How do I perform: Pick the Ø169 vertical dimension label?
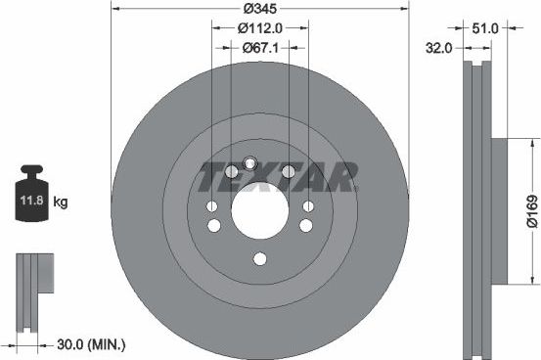click(529, 210)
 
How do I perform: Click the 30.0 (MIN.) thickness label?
click(87, 344)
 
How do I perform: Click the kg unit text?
click(61, 203)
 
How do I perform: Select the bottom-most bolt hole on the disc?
click(259, 259)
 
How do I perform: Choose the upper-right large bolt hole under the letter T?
click(288, 172)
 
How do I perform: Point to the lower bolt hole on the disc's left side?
click(212, 225)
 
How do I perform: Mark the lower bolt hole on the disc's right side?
click(306, 225)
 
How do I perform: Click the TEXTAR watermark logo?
click(277, 176)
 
